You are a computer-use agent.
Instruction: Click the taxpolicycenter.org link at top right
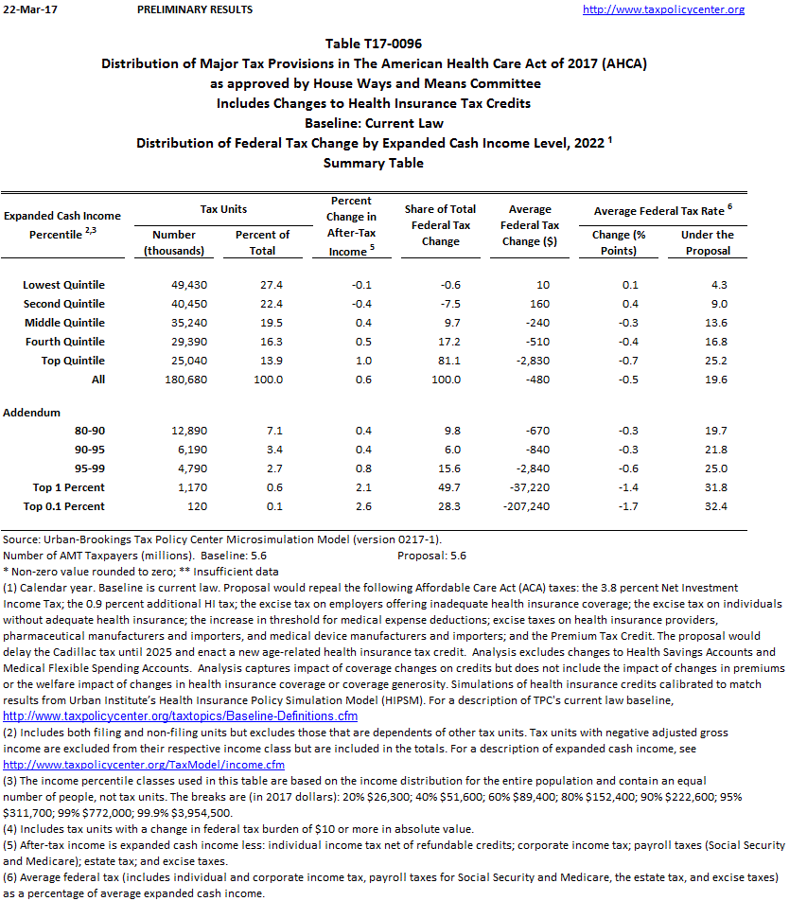[663, 9]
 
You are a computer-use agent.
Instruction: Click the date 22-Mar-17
[27, 9]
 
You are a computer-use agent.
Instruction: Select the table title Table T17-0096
[374, 44]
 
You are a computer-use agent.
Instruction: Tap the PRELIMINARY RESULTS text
[195, 9]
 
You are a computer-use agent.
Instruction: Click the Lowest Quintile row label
[63, 285]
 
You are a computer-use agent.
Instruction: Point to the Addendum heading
[31, 413]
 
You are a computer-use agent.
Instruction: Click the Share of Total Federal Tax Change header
[441, 225]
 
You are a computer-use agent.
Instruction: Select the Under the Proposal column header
[707, 242]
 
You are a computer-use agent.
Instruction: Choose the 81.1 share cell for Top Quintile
[450, 361]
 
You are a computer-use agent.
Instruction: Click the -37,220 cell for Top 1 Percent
[537, 487]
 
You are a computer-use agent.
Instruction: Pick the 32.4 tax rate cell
[716, 506]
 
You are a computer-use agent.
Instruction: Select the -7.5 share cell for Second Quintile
[450, 304]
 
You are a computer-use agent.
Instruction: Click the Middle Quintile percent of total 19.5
[271, 323]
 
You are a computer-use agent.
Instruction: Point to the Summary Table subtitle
[374, 163]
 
